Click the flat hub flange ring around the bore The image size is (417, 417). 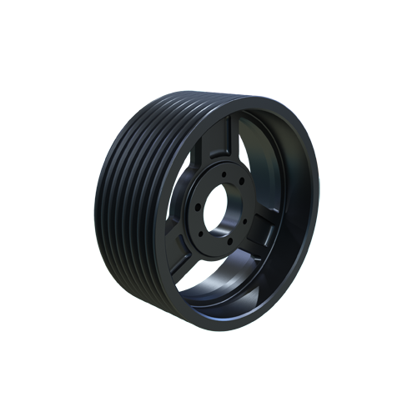coord(238,225)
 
